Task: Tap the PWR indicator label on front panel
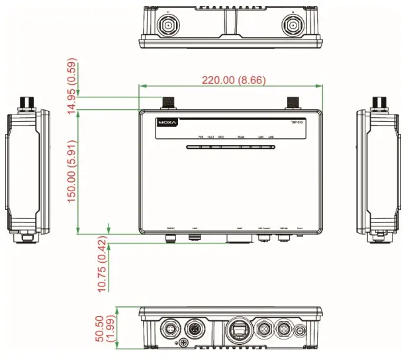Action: click(x=201, y=137)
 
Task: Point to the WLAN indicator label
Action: click(x=240, y=137)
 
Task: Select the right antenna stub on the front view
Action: click(x=293, y=102)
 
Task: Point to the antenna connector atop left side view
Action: click(x=28, y=102)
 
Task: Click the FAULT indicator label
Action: click(x=210, y=137)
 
